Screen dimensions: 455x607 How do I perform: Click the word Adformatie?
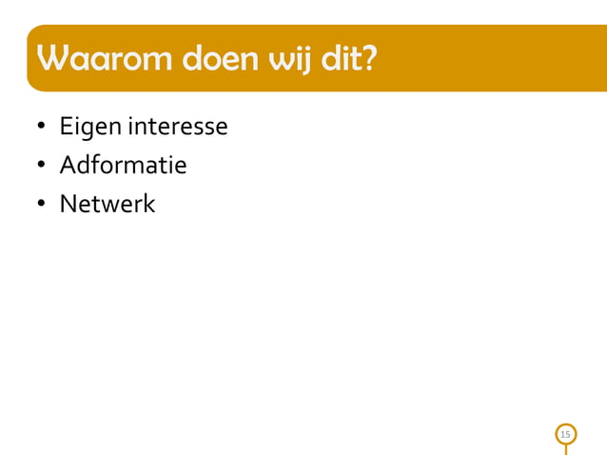(123, 166)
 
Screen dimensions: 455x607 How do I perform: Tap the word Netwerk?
(107, 204)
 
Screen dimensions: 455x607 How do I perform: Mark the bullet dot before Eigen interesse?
(42, 128)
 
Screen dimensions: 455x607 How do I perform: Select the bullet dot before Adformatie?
(42, 167)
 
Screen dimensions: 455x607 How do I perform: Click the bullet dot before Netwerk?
(42, 205)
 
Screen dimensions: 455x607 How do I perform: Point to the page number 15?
(566, 435)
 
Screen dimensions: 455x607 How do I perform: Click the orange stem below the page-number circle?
(566, 449)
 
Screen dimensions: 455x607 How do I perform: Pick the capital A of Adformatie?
(67, 166)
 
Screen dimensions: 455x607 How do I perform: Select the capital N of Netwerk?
(68, 204)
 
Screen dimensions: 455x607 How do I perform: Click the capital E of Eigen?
(66, 126)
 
